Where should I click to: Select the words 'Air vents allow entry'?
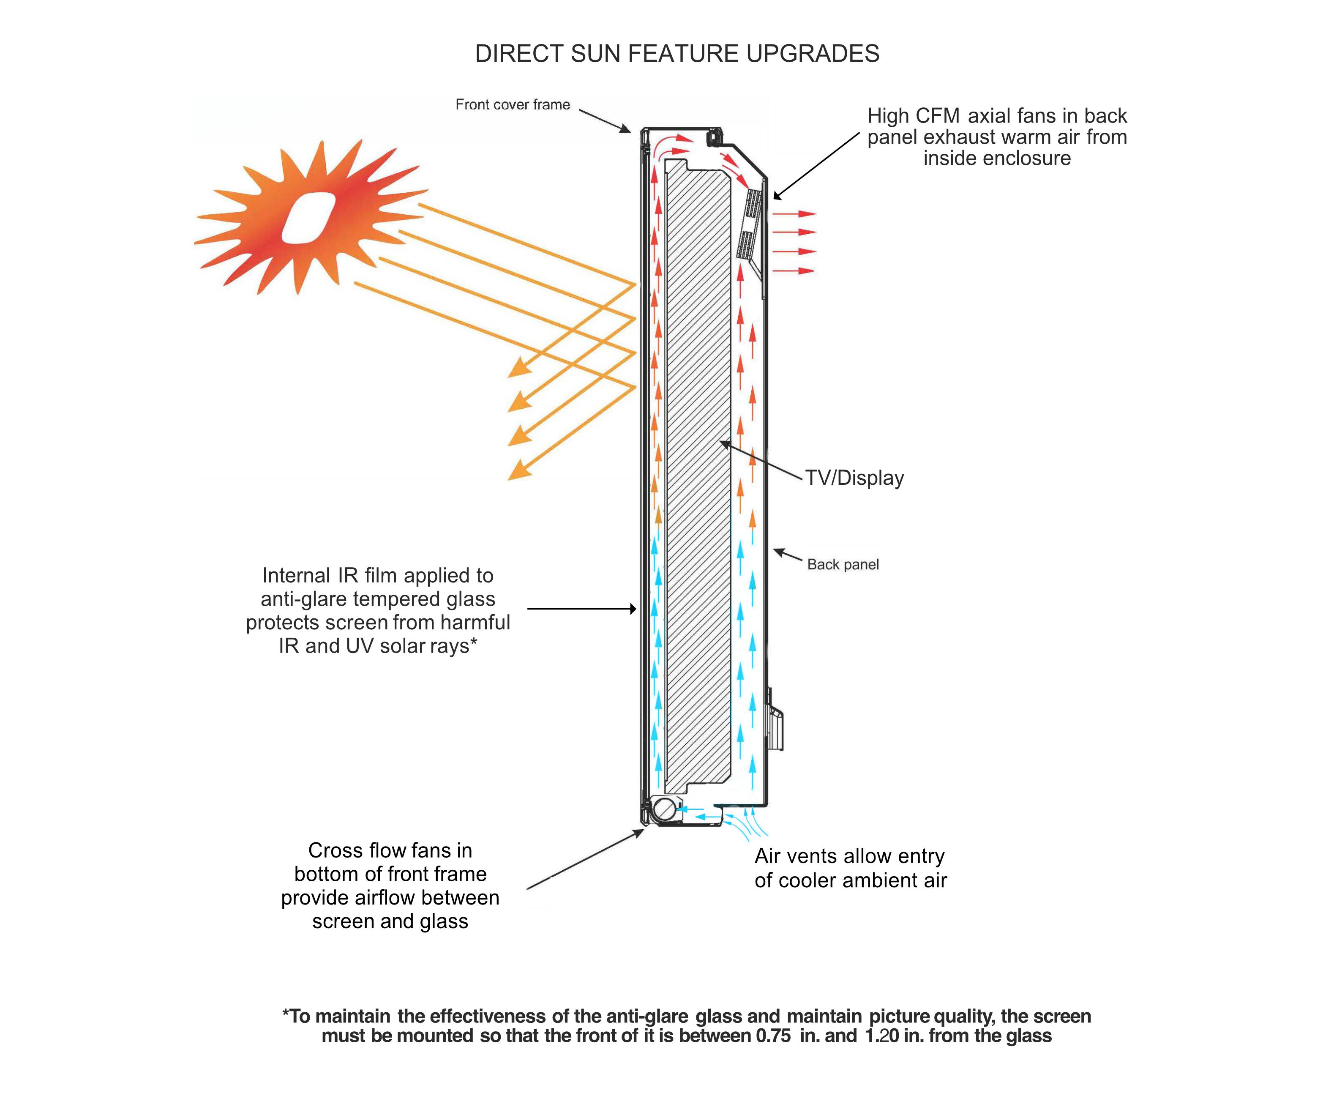coord(849,856)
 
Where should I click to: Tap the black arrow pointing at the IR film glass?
coord(581,609)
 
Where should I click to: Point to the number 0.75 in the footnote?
coord(773,1036)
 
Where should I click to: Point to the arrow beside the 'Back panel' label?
coord(788,555)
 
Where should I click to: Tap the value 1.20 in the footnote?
coord(881,1036)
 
